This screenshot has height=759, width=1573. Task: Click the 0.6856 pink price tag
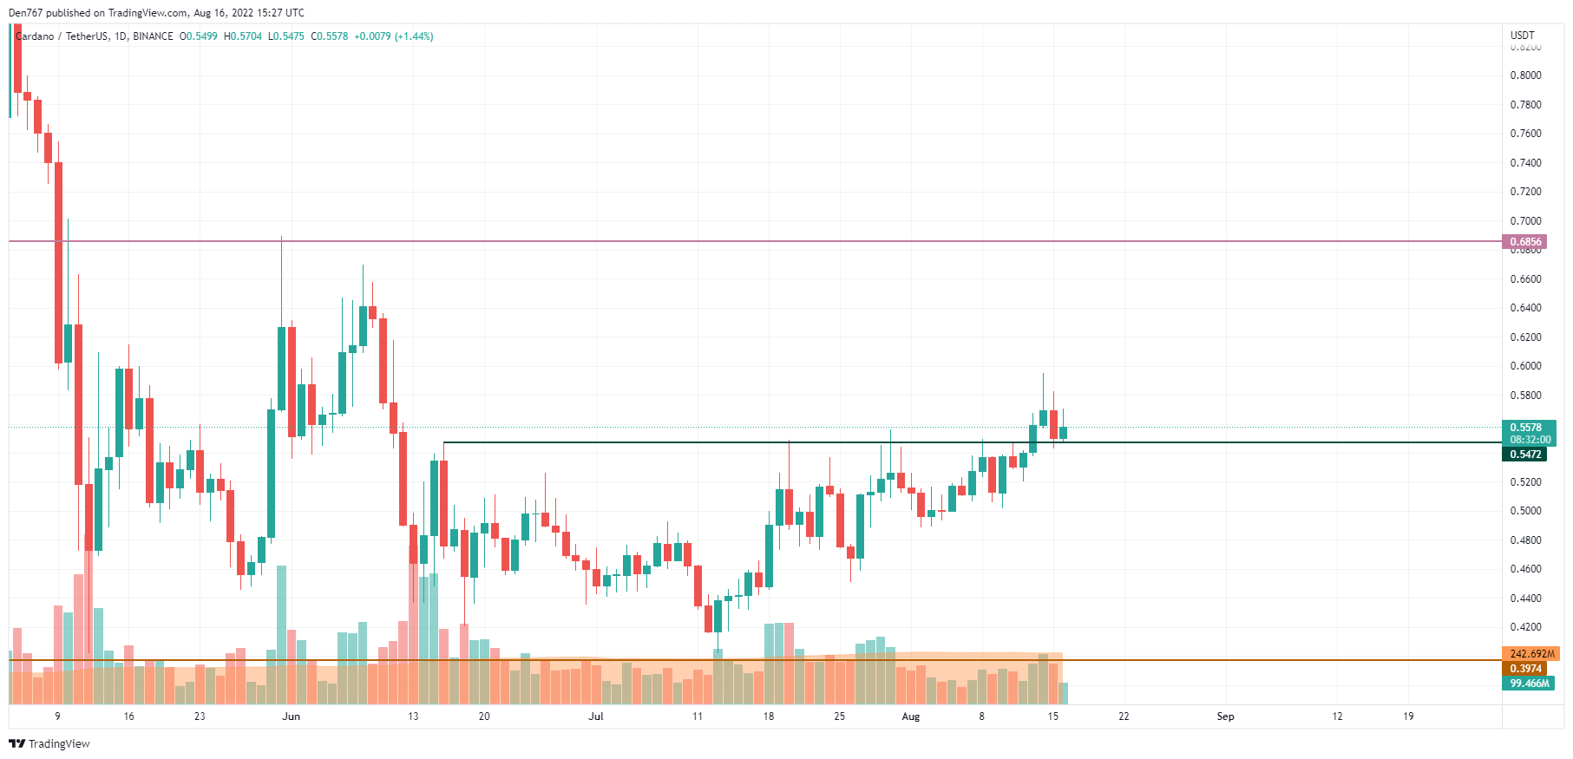(x=1525, y=242)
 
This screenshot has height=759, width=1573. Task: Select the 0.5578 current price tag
(x=1525, y=428)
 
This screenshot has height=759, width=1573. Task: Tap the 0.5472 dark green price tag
(x=1525, y=455)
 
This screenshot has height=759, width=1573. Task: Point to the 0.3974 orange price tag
(x=1525, y=669)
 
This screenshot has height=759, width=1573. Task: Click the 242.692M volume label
(x=1531, y=654)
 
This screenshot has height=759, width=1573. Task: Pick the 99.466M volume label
(x=1529, y=684)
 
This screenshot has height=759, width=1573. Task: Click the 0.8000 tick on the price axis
(x=1525, y=75)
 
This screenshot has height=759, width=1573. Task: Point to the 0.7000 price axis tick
(x=1525, y=221)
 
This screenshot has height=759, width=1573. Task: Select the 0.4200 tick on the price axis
(x=1525, y=627)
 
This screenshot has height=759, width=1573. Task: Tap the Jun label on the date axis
(x=292, y=716)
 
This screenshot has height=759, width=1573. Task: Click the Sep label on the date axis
(x=1225, y=716)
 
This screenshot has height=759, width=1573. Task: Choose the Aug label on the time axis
(x=910, y=716)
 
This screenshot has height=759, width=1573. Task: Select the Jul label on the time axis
(x=595, y=716)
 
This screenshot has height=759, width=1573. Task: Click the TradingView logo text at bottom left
(x=49, y=744)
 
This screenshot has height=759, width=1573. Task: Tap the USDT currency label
(x=1522, y=36)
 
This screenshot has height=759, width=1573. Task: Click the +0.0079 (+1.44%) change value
(x=393, y=36)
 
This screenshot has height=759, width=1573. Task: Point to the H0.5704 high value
(x=242, y=36)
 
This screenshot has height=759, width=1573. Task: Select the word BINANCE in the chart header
(x=153, y=36)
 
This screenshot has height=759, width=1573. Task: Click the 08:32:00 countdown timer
(x=1530, y=440)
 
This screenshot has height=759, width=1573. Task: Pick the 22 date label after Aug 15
(x=1124, y=716)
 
